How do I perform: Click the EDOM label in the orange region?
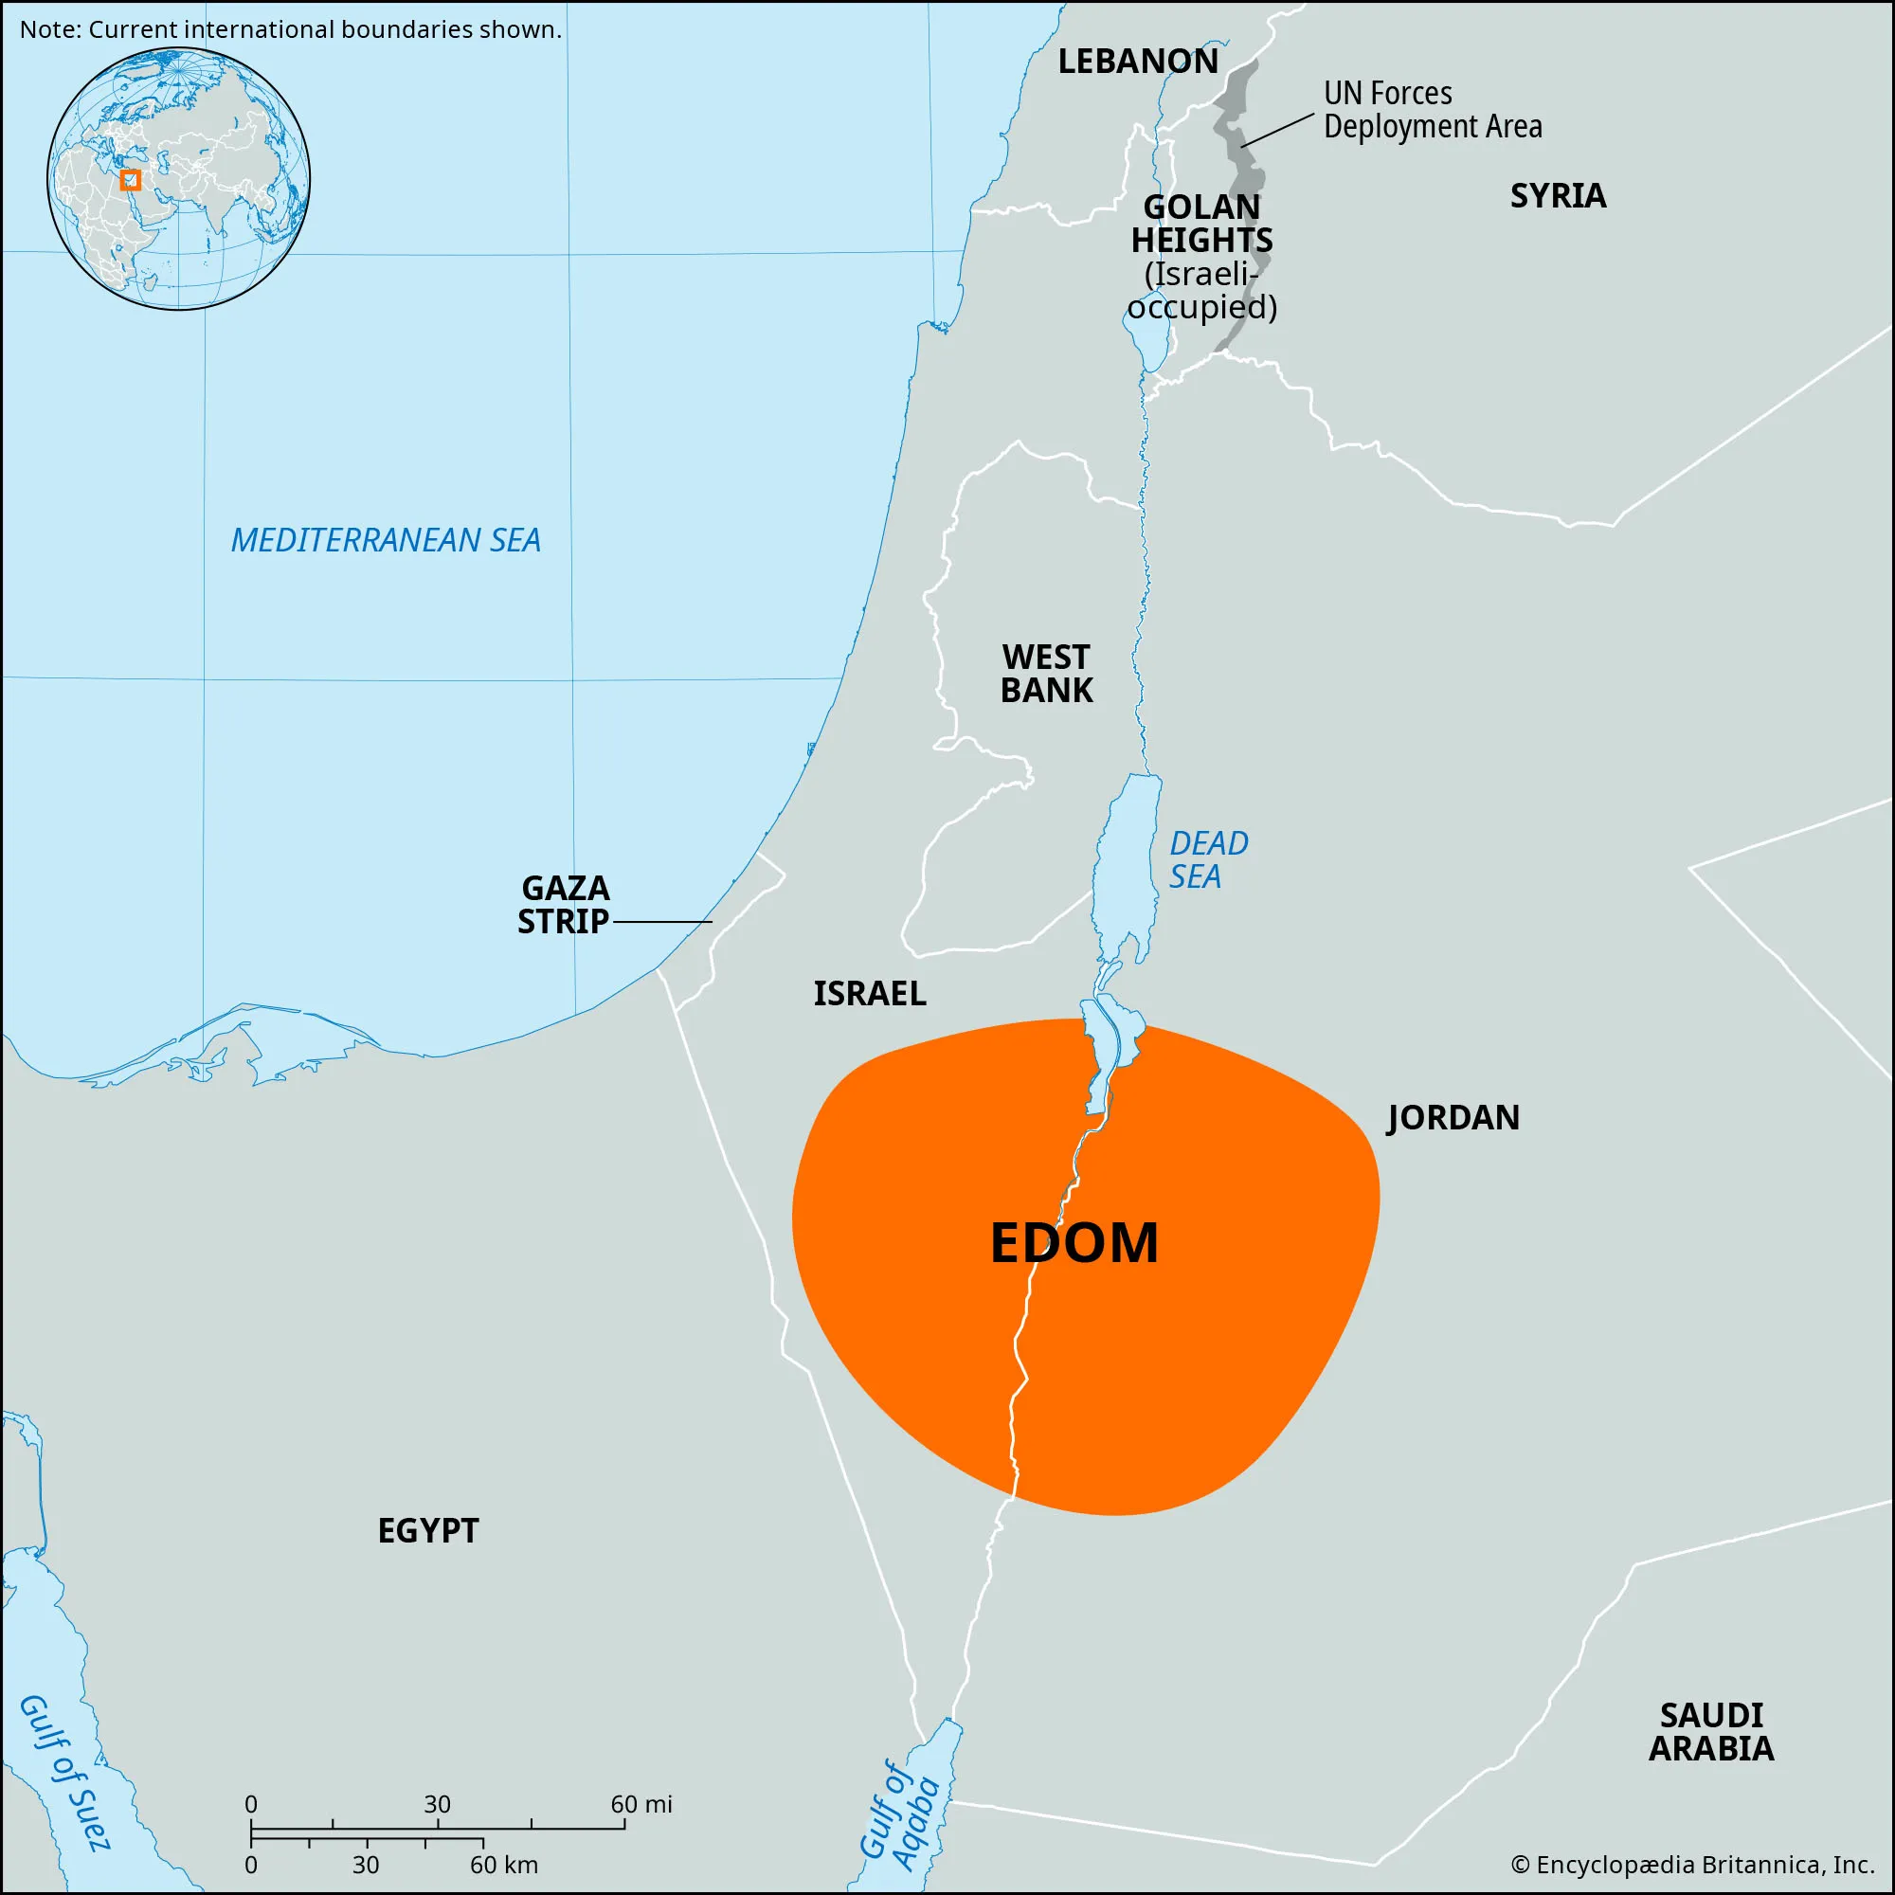coord(1074,1243)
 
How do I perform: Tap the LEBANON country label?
coord(1138,62)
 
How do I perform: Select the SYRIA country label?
coord(1558,196)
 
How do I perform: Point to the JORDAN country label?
coord(1453,1117)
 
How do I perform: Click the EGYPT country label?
coord(427,1530)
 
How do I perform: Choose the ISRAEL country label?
coord(869,994)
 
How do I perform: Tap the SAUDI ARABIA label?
coord(1710,1731)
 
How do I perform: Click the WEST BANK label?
coord(1046,674)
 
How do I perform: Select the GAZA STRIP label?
coord(564,904)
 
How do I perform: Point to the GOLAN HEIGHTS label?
coord(1201,224)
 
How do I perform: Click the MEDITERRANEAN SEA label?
coord(386,539)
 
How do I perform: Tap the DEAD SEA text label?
coord(1207,859)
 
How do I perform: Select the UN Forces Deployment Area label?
coord(1432,110)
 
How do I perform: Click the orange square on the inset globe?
coord(131,180)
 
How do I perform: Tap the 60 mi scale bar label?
coord(641,1804)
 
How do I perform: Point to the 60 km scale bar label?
coord(503,1865)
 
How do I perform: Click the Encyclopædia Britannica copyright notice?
coord(1692,1865)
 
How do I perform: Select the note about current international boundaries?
coord(291,29)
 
